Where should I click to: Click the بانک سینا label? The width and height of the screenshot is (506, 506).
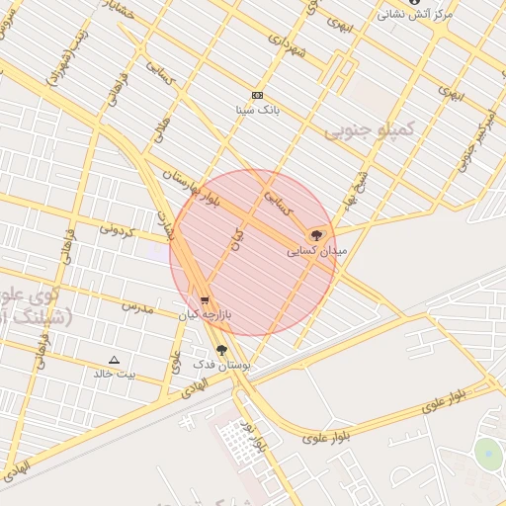tap(259, 109)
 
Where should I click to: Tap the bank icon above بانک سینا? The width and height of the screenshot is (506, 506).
tap(258, 95)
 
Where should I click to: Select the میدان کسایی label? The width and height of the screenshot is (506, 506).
tap(317, 251)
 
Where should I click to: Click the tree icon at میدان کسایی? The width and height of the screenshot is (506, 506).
tap(316, 235)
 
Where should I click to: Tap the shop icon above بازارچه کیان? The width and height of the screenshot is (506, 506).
tap(205, 300)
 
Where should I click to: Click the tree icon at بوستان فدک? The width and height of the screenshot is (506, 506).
tap(221, 350)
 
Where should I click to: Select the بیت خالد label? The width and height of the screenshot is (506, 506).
tap(114, 374)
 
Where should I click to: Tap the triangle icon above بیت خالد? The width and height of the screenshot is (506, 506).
tap(114, 360)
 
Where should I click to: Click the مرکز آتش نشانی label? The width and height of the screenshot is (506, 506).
tap(416, 15)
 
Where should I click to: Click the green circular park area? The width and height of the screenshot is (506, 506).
tap(487, 454)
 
